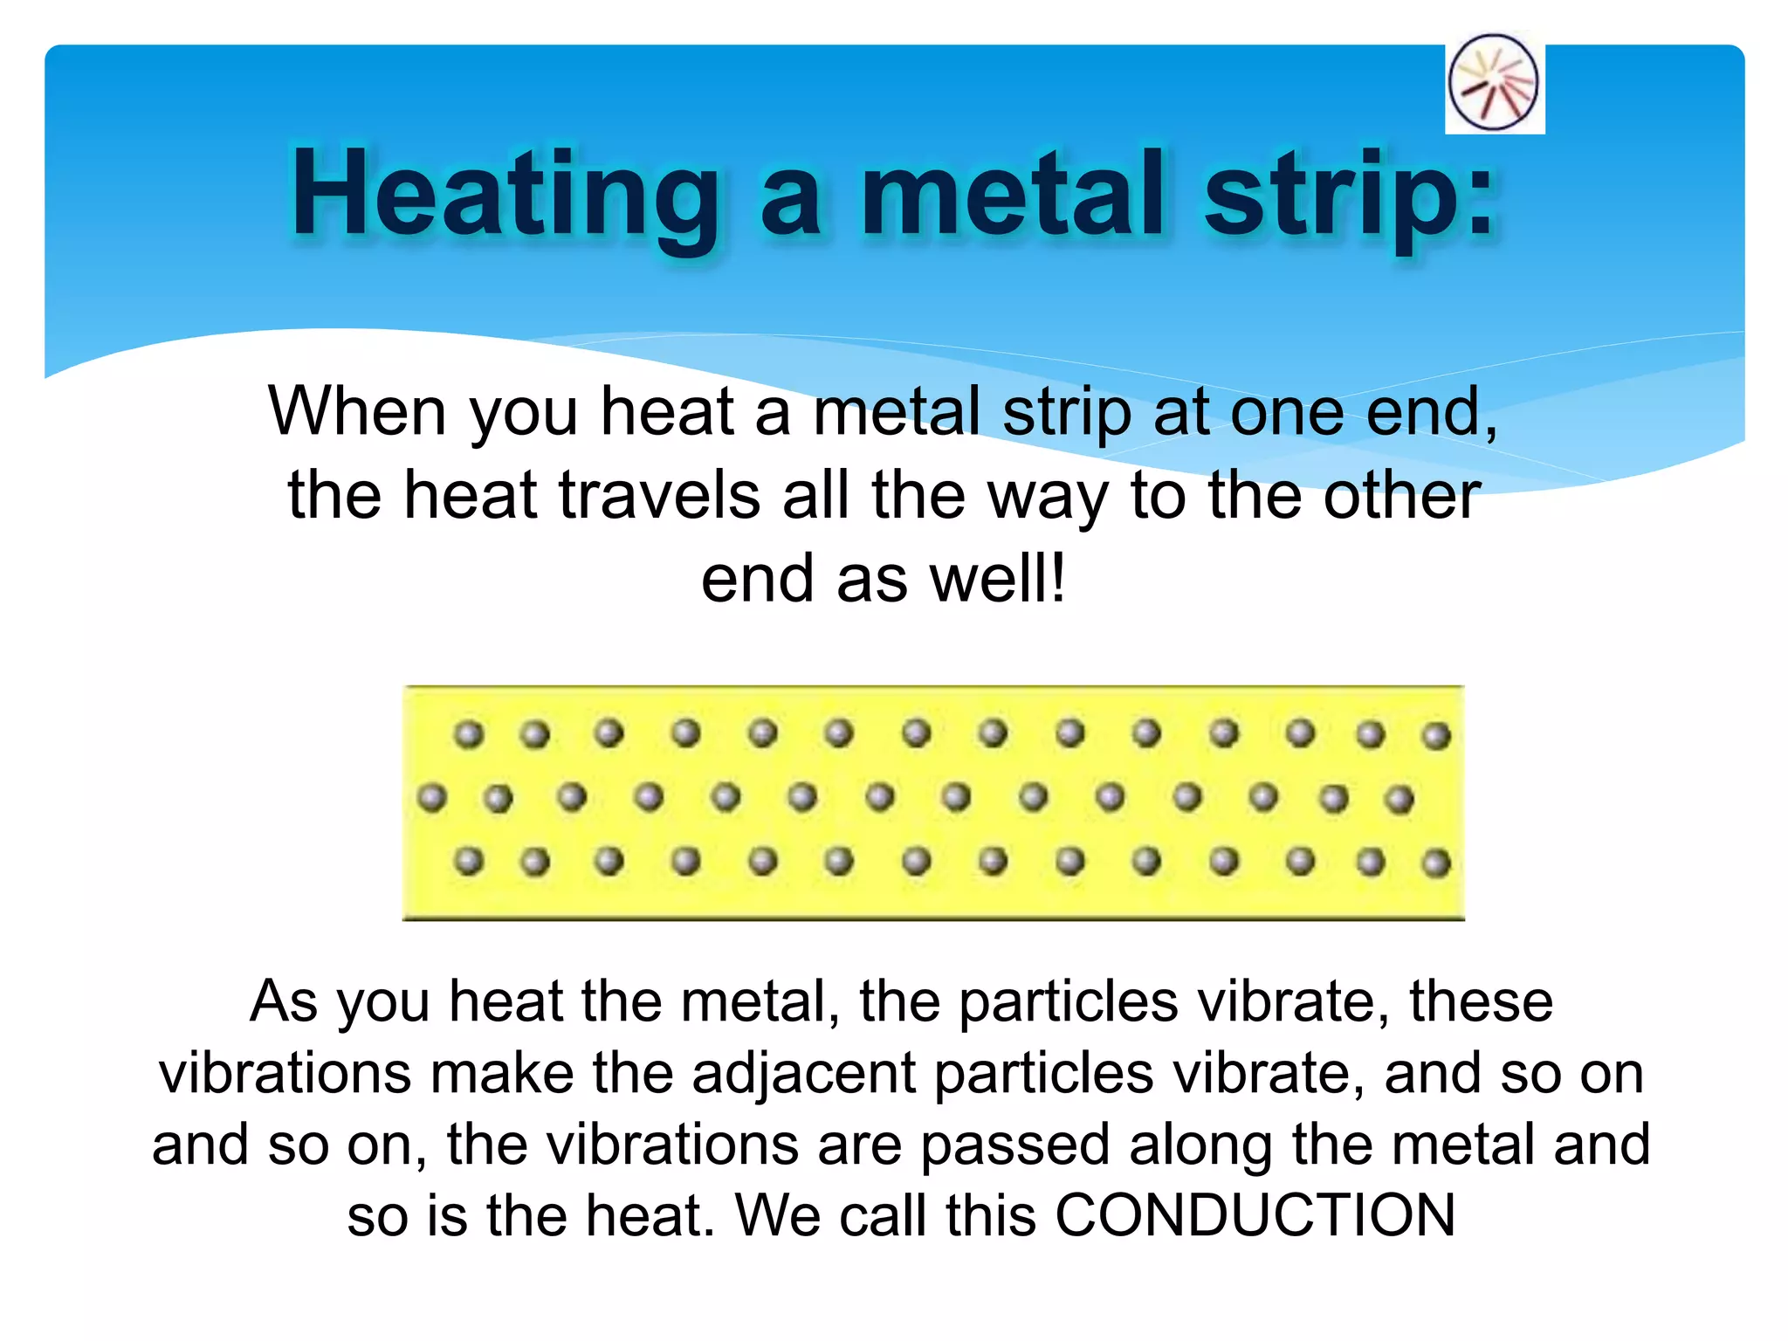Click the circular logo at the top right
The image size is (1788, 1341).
(1494, 83)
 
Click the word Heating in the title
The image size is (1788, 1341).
(505, 194)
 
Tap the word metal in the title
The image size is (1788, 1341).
(1014, 194)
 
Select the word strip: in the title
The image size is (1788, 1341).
(1349, 194)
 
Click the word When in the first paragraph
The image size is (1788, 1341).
(356, 410)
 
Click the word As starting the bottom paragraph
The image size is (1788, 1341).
(284, 1001)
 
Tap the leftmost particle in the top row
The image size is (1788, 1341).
(469, 734)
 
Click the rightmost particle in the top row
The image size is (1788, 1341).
(1435, 736)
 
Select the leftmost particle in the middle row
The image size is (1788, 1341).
(431, 797)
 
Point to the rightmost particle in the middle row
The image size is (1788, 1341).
(1399, 799)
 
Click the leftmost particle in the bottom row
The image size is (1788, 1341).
(469, 862)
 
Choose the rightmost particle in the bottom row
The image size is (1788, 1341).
(1435, 864)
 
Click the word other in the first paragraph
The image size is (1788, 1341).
(1402, 495)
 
